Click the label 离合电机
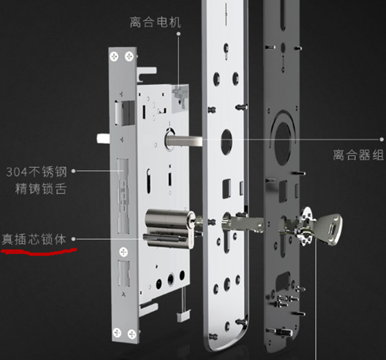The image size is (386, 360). pyautogui.click(x=155, y=22)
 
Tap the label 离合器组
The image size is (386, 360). pyautogui.click(x=358, y=155)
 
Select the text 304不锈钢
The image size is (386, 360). pyautogui.click(x=37, y=172)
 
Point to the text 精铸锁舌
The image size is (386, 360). pyautogui.click(x=41, y=189)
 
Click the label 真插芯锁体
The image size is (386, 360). pyautogui.click(x=34, y=239)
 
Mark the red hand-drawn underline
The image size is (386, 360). pyautogui.click(x=39, y=252)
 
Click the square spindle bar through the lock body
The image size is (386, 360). pyautogui.click(x=184, y=141)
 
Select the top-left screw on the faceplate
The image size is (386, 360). pyautogui.click(x=114, y=57)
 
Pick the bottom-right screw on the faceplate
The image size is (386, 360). pyautogui.click(x=132, y=334)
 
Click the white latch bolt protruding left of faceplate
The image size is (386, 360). pyautogui.click(x=103, y=138)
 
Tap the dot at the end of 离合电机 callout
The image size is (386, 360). pyautogui.click(x=179, y=33)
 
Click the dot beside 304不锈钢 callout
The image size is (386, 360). pyautogui.click(x=73, y=171)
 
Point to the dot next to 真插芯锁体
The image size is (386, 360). pyautogui.click(x=73, y=239)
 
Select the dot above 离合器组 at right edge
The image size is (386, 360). pyautogui.click(x=381, y=139)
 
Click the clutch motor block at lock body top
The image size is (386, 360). pyautogui.click(x=180, y=98)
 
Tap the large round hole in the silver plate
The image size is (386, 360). pyautogui.click(x=226, y=141)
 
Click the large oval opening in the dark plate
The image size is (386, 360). pyautogui.click(x=283, y=143)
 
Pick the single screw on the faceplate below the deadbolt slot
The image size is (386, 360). pyautogui.click(x=124, y=252)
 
